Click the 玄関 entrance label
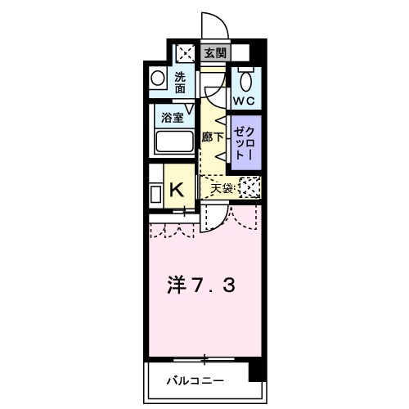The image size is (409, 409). click(214, 54)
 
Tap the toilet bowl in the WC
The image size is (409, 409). click(245, 81)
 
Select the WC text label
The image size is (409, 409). click(245, 101)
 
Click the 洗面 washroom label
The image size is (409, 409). click(181, 83)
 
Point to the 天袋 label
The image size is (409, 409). click(222, 188)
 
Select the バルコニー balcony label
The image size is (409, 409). click(196, 380)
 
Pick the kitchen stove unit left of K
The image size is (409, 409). click(155, 196)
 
